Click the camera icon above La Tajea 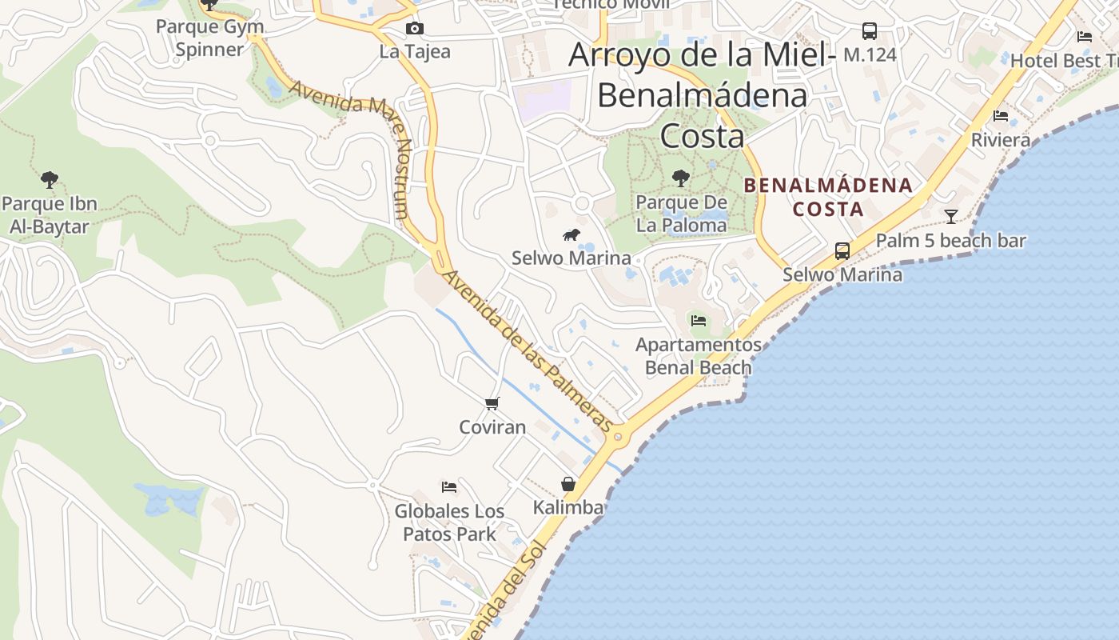414,29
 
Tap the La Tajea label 414,52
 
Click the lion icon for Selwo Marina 571,234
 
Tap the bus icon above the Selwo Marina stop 842,250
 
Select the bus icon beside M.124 869,31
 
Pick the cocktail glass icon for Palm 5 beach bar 950,217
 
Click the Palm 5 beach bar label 950,241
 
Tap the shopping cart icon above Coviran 492,403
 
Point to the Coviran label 492,426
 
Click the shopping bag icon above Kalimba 567,484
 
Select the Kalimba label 567,507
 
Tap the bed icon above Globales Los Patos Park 449,486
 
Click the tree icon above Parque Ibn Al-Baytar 50,179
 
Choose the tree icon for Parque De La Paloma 680,178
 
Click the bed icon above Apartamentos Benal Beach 698,321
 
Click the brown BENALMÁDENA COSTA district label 827,197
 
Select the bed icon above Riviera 1000,116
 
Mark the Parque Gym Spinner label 209,38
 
